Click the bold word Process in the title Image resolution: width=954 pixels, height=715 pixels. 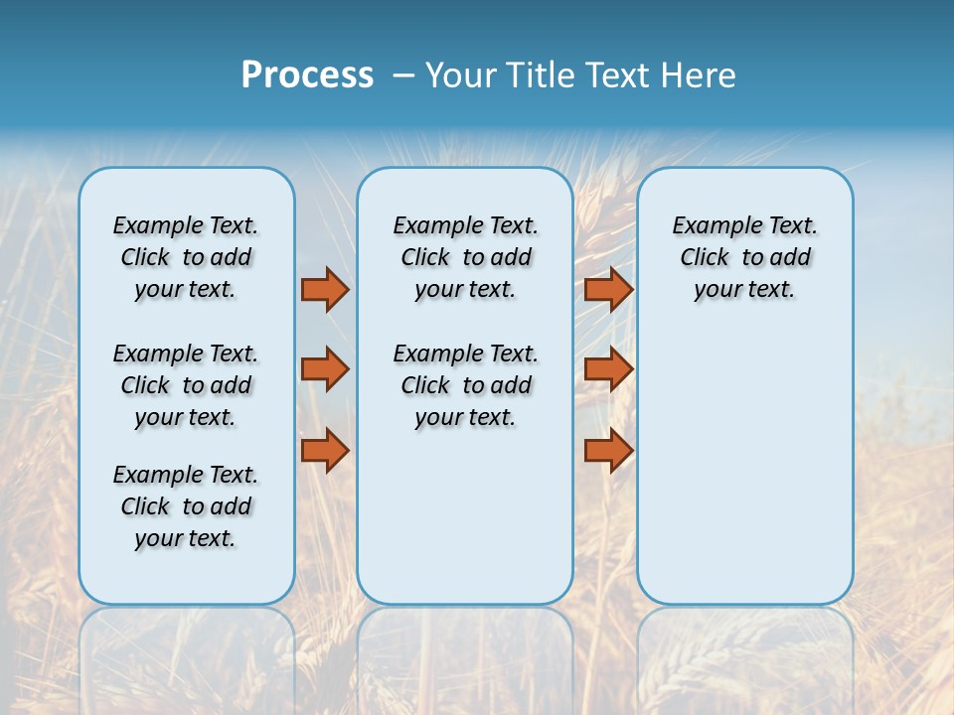click(x=307, y=75)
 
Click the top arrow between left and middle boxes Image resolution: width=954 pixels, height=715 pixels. click(x=325, y=290)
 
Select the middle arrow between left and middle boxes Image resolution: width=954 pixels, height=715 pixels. click(x=325, y=369)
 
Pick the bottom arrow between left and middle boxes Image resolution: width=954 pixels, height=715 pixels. click(x=325, y=451)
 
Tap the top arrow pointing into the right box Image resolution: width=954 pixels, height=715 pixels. click(x=608, y=290)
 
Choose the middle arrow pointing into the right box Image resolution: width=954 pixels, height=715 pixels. click(x=608, y=369)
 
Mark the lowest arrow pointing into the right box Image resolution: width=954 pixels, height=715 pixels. click(x=608, y=451)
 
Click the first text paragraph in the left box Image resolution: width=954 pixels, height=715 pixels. click(x=186, y=257)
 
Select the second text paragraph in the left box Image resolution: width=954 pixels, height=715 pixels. click(x=186, y=385)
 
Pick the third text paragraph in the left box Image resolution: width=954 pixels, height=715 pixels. click(x=186, y=506)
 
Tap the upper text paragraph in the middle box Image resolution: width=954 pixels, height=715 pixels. click(x=465, y=257)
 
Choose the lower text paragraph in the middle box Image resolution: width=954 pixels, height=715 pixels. click(x=465, y=385)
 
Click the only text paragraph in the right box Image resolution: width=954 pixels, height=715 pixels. click(x=744, y=257)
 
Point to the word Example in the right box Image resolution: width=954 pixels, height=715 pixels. click(x=710, y=226)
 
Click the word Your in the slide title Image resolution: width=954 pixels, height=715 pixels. click(x=461, y=75)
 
